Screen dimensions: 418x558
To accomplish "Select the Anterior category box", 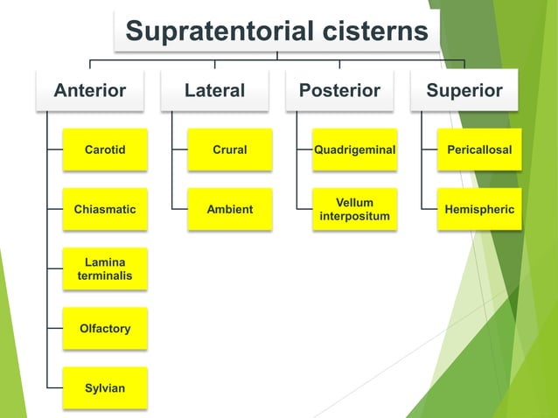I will coord(90,91).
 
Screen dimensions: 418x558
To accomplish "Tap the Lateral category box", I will coord(214,91).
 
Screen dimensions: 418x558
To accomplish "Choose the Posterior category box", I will coord(339,91).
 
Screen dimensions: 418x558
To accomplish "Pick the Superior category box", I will coord(464,91).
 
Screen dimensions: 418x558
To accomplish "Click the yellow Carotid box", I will coord(105,150).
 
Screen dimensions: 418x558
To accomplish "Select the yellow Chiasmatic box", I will coord(105,209).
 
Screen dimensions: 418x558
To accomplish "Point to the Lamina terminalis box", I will coord(105,268).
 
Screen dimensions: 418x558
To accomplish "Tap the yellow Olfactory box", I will coord(105,328).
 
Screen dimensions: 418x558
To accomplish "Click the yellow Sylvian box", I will coord(105,387).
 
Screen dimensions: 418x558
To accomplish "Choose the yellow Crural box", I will coord(230,150).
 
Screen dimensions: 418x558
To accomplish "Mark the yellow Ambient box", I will coord(230,209).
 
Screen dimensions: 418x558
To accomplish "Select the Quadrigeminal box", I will coord(354,150).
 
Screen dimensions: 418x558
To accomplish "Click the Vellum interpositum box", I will coord(354,209).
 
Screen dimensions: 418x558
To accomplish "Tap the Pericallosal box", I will coord(479,150).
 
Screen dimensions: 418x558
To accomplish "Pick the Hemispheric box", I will coord(479,209).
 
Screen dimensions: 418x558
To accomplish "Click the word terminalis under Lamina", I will coord(105,275).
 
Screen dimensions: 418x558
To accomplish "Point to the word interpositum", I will coord(354,216).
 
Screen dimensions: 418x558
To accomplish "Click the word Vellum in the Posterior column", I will coord(354,203).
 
